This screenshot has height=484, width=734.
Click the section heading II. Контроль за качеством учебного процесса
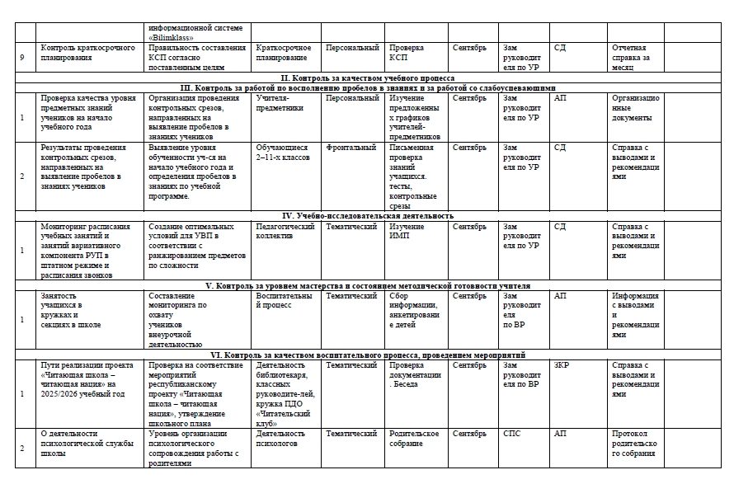click(x=368, y=77)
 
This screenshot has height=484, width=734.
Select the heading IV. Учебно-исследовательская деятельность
click(x=368, y=215)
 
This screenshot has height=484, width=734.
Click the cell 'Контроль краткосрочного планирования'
click(x=87, y=53)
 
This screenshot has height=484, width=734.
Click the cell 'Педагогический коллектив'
click(x=285, y=231)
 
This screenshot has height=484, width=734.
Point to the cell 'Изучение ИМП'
click(x=407, y=231)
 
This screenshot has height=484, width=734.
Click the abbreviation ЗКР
click(x=561, y=364)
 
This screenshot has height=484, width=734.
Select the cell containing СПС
click(x=513, y=433)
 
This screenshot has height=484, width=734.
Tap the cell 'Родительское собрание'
click(x=414, y=438)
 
